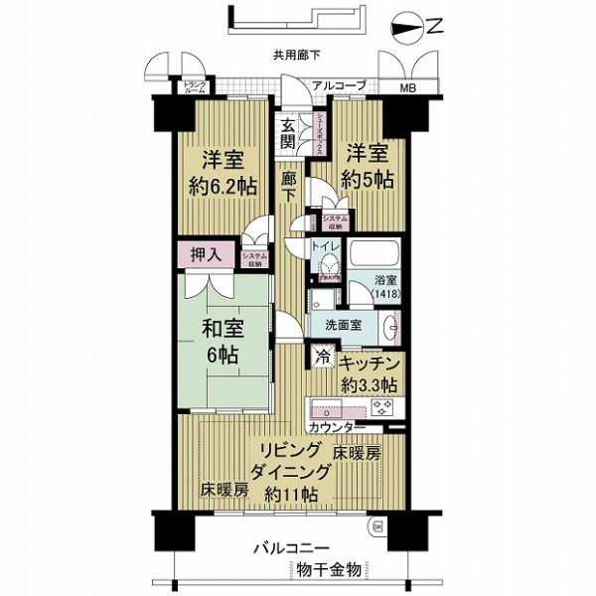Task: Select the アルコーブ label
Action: (338, 86)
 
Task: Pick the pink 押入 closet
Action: (207, 255)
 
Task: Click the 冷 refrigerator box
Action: (322, 354)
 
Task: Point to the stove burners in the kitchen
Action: (381, 407)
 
